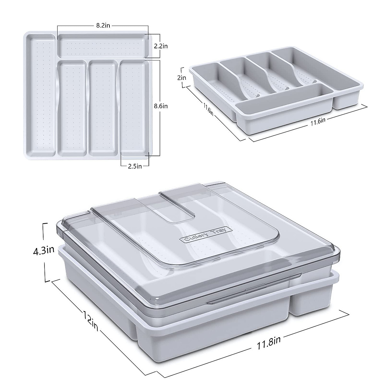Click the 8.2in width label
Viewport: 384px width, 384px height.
tap(103, 26)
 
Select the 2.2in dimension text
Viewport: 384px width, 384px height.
tap(161, 46)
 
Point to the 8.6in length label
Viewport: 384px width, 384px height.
tap(161, 106)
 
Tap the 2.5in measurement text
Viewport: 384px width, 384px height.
tap(135, 166)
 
